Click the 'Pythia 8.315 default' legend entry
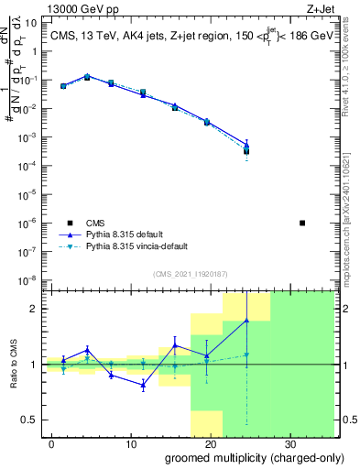pos(135,234)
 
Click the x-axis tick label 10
pos(129,444)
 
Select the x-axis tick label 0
pos(51,444)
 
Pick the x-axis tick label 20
pos(209,444)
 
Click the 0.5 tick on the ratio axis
pos(32,420)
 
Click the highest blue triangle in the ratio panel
pos(246,320)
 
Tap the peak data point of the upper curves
pos(87,77)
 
